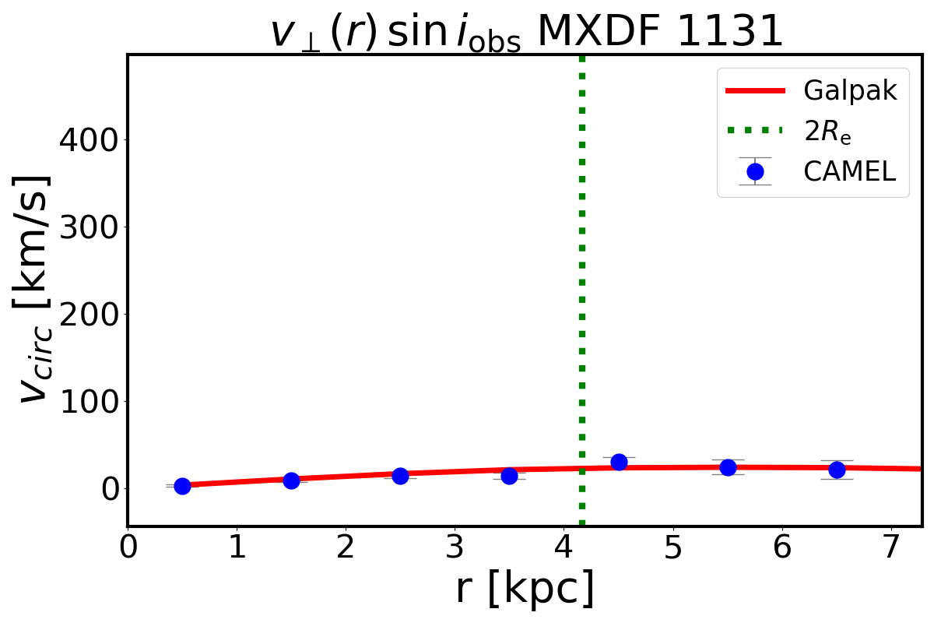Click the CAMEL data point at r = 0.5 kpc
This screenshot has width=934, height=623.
(182, 486)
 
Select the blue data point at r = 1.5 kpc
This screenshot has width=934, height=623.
(291, 480)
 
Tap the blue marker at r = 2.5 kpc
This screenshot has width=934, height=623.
(400, 476)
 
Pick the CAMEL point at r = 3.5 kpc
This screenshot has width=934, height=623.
(509, 476)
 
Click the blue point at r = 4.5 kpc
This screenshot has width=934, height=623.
(619, 462)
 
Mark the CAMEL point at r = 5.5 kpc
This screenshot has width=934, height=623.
(728, 467)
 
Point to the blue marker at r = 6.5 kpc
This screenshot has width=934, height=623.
(837, 470)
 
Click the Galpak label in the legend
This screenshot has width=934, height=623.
(851, 91)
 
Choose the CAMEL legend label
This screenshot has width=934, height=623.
(850, 171)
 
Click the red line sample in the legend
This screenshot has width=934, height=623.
(754, 91)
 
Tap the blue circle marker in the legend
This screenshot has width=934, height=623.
(754, 171)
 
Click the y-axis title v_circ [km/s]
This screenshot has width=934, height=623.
(35, 288)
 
